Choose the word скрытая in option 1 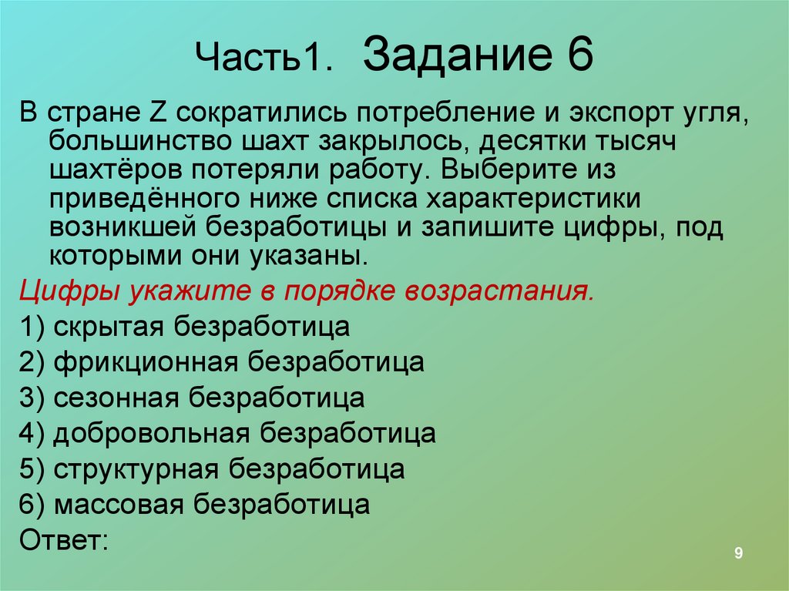click(108, 327)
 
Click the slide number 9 click(738, 553)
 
